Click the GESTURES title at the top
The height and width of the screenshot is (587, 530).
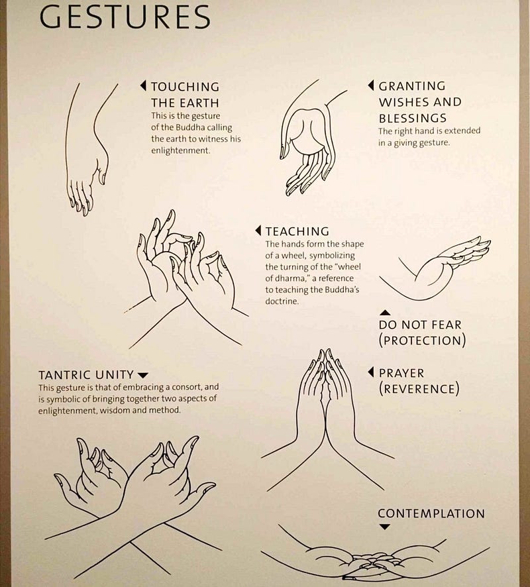(x=125, y=17)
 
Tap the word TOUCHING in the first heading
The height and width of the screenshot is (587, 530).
(x=185, y=87)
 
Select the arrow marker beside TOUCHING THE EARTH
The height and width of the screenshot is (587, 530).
(x=143, y=85)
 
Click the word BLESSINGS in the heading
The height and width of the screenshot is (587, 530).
(x=413, y=119)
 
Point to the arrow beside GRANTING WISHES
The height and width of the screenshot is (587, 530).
(x=370, y=85)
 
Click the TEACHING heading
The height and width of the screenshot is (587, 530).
(x=297, y=231)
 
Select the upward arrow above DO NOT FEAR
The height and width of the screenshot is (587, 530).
(x=385, y=313)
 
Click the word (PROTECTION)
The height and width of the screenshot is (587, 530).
(x=422, y=341)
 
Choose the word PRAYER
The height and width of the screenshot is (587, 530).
(x=401, y=373)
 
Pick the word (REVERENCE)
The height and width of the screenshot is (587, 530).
(x=419, y=389)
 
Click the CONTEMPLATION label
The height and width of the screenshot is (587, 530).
(x=431, y=513)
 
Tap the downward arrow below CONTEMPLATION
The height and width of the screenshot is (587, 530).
(x=385, y=527)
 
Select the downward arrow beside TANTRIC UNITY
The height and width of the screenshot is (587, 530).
(x=143, y=375)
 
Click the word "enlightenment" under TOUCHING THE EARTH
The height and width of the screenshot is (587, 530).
(x=180, y=150)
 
